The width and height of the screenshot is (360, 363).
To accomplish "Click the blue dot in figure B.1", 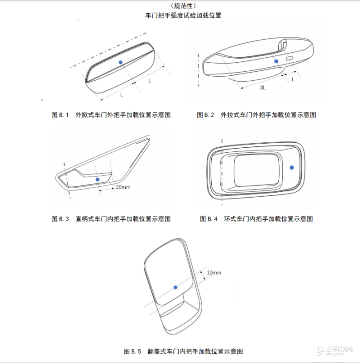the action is pyautogui.click(x=121, y=62).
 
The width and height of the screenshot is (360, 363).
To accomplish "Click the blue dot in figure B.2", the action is pyautogui.click(x=276, y=61).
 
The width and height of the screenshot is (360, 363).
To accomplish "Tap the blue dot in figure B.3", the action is pyautogui.click(x=97, y=180).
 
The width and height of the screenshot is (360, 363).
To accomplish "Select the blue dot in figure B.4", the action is pyautogui.click(x=292, y=168).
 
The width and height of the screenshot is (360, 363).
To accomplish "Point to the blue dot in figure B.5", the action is pyautogui.click(x=175, y=287).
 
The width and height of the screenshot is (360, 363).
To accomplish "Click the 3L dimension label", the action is pyautogui.click(x=263, y=87).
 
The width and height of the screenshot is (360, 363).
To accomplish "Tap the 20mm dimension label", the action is pyautogui.click(x=123, y=187).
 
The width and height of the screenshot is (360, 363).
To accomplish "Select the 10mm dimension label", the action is pyautogui.click(x=214, y=273).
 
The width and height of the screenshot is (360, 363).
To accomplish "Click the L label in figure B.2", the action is pyautogui.click(x=293, y=80).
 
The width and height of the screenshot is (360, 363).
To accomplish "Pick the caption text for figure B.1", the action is pyautogui.click(x=111, y=115).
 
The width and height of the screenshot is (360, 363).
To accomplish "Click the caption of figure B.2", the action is pyautogui.click(x=256, y=115).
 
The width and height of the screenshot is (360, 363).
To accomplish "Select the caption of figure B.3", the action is pyautogui.click(x=111, y=219).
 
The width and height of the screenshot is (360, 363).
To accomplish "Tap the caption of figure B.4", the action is pyautogui.click(x=256, y=219).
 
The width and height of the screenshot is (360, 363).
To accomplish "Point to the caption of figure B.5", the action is pyautogui.click(x=183, y=351).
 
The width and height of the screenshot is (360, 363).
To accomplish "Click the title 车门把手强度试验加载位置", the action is pyautogui.click(x=183, y=15).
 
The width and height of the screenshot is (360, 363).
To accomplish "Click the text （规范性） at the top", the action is pyautogui.click(x=183, y=6).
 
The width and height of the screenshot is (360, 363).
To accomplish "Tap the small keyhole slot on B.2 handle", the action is pyautogui.click(x=289, y=58).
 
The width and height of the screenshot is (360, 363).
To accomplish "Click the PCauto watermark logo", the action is pyautogui.click(x=335, y=350).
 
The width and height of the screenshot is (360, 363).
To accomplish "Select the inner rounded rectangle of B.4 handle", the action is pyautogui.click(x=257, y=171).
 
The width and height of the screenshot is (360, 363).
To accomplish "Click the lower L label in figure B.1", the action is pyautogui.click(x=122, y=95).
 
